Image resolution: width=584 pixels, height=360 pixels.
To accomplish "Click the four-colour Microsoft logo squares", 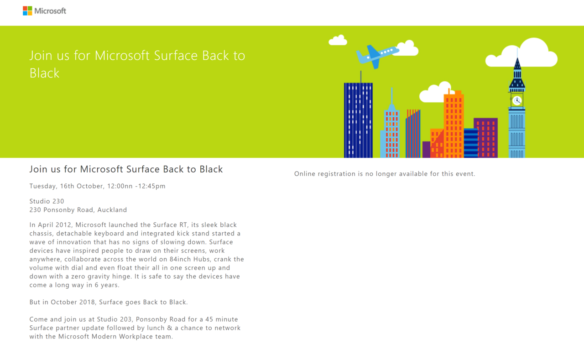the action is [27, 11].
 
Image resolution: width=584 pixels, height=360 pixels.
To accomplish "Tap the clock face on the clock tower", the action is [517, 100].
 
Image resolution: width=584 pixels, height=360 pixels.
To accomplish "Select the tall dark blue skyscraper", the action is [358, 120].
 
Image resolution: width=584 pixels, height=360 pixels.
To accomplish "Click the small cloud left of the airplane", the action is [338, 40].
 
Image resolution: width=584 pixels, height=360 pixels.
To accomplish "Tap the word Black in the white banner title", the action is [44, 73].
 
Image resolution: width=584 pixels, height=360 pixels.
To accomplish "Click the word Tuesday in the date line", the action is [43, 186].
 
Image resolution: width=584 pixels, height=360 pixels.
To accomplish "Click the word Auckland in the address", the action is [112, 210].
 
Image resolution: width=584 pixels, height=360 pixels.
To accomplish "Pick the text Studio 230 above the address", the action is [47, 201].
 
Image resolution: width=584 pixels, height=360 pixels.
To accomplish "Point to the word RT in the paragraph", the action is [183, 224].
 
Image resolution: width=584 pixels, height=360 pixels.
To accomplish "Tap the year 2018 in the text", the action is [88, 302].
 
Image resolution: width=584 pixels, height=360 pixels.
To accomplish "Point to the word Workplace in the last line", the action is [136, 337].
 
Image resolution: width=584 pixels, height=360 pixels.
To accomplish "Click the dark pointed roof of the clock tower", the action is [517, 74].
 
